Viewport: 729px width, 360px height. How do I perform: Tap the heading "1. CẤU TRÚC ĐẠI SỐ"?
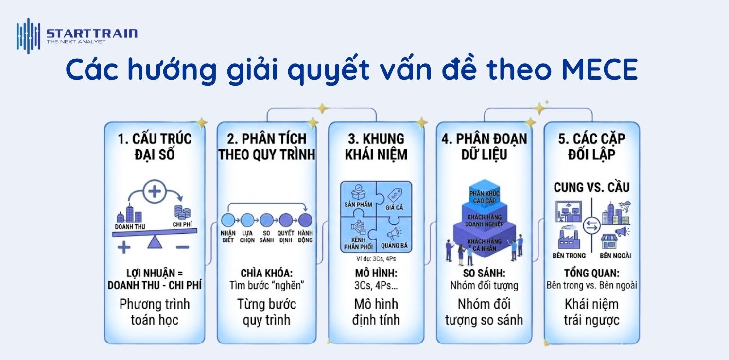[155, 146]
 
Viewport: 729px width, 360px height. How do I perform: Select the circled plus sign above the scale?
[154, 192]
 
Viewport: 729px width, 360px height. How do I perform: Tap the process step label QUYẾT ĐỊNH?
[286, 236]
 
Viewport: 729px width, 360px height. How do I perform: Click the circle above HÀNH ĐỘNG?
[305, 220]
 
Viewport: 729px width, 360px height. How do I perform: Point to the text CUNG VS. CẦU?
[591, 187]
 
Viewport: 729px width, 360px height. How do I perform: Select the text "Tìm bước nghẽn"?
[266, 285]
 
